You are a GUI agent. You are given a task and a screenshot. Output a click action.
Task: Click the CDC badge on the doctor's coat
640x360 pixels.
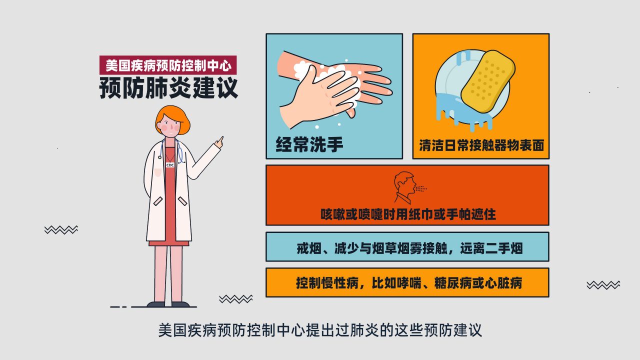tap(170, 165)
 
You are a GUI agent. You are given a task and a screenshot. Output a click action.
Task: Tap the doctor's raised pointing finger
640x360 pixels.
tap(220, 139)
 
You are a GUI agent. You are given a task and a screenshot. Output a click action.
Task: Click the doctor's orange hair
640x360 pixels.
tap(173, 118)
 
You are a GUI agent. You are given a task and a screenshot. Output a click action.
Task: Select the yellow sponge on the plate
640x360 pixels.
tap(488, 81)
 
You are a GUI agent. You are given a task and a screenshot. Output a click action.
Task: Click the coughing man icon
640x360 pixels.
tap(405, 187)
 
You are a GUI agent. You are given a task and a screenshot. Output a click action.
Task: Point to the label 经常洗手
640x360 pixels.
tap(309, 144)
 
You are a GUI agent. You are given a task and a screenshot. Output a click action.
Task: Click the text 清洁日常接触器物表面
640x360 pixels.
tap(481, 145)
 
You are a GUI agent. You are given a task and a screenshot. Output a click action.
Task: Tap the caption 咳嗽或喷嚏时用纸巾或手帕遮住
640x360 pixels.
tap(408, 214)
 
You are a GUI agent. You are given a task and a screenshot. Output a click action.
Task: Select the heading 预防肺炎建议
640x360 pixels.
tap(168, 87)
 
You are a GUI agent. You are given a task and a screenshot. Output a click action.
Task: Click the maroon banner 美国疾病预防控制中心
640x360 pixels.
tap(168, 65)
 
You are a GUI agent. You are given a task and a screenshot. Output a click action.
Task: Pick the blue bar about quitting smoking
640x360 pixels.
tap(407, 247)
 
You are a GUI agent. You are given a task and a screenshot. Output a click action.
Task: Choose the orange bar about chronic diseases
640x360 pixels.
tap(407, 282)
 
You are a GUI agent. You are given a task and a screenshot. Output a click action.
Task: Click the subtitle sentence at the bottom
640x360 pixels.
tap(320, 330)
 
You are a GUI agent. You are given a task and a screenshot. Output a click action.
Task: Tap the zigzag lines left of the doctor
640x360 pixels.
tap(61, 229)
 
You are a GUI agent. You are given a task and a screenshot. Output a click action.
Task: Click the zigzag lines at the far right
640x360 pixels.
tap(603, 285)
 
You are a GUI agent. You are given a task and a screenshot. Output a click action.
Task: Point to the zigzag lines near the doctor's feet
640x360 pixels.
tap(236, 299)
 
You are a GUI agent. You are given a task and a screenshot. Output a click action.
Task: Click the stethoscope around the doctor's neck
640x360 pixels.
tap(171, 151)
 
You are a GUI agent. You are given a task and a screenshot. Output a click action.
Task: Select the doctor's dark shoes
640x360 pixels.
tap(168, 304)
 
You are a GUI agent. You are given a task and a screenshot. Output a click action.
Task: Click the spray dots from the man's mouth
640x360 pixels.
tap(421, 188)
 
